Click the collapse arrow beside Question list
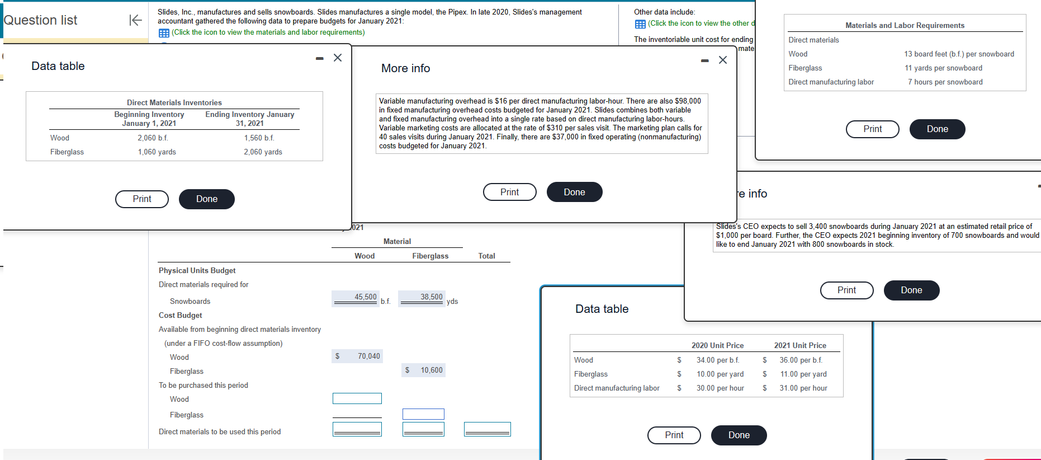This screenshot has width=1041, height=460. pyautogui.click(x=135, y=20)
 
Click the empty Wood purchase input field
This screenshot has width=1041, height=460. pyautogui.click(x=357, y=398)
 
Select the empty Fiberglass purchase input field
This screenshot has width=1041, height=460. pyautogui.click(x=423, y=414)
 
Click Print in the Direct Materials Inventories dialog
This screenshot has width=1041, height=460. pyautogui.click(x=141, y=199)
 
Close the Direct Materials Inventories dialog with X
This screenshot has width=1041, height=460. pyautogui.click(x=338, y=58)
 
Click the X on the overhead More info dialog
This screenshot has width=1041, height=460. pyautogui.click(x=723, y=60)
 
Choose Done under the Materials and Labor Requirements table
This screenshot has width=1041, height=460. pyautogui.click(x=937, y=129)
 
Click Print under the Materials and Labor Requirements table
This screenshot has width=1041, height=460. pyautogui.click(x=872, y=129)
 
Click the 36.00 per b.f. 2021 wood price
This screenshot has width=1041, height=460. pyautogui.click(x=801, y=360)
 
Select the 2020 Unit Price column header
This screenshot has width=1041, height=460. pyautogui.click(x=717, y=345)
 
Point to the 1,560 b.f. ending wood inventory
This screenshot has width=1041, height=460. pyautogui.click(x=259, y=138)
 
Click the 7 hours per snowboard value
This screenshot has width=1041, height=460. pyautogui.click(x=945, y=82)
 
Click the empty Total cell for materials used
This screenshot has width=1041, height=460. pyautogui.click(x=487, y=429)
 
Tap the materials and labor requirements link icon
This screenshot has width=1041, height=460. pyautogui.click(x=164, y=32)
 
